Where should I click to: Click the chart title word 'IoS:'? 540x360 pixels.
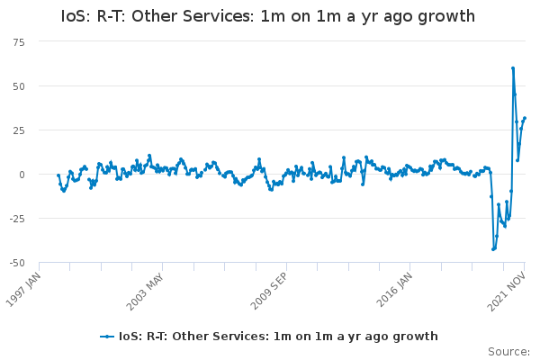pos(77,16)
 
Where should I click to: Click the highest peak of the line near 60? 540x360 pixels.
pos(513,68)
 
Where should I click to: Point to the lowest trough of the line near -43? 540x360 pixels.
pos(493,249)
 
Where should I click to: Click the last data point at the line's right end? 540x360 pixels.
pos(525,118)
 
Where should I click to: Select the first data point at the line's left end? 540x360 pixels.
pos(58,175)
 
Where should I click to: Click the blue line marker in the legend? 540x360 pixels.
pos(108,337)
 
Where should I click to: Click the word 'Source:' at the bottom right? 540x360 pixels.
pos(508,351)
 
